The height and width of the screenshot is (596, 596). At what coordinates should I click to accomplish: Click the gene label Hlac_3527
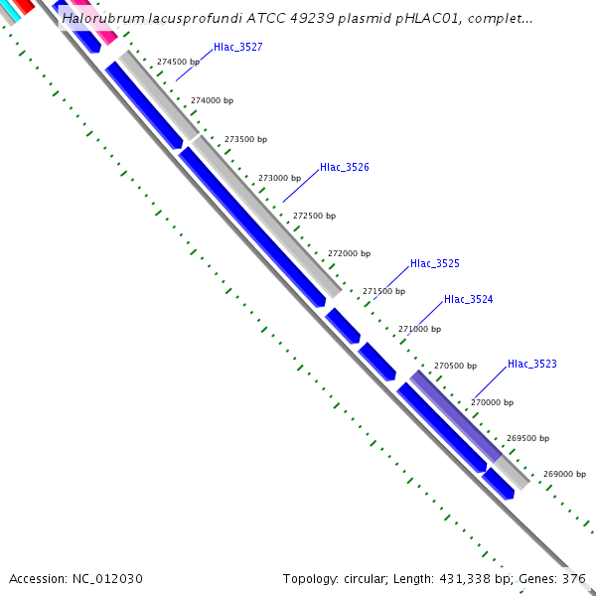pos(237,47)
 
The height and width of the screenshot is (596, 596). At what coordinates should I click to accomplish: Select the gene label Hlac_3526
pos(344,167)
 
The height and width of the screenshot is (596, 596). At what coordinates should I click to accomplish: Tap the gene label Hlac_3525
pos(434,263)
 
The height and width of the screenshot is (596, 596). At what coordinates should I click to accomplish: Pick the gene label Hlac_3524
pos(468,299)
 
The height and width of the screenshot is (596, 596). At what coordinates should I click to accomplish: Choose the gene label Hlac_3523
pos(531,364)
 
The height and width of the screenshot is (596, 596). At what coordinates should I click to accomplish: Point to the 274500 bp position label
pos(178,62)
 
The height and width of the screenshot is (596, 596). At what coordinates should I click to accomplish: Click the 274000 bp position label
pos(212,100)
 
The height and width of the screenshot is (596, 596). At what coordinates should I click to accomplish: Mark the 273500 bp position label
pos(245,139)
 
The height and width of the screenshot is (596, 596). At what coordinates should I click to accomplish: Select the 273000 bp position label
pos(279,178)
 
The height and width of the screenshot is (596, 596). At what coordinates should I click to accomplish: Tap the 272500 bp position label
pos(314,216)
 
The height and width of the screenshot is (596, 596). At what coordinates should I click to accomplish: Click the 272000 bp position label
pos(348,253)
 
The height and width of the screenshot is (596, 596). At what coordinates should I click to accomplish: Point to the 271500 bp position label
pos(383,291)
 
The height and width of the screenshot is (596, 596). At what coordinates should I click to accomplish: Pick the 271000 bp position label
pos(419,328)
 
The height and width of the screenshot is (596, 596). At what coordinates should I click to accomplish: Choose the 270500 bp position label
pos(455,366)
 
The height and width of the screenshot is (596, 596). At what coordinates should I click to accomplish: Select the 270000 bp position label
pos(492,402)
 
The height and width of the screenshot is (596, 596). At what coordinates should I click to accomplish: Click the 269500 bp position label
pos(527,437)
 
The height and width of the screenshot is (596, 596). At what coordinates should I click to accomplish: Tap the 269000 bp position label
pos(564,474)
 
